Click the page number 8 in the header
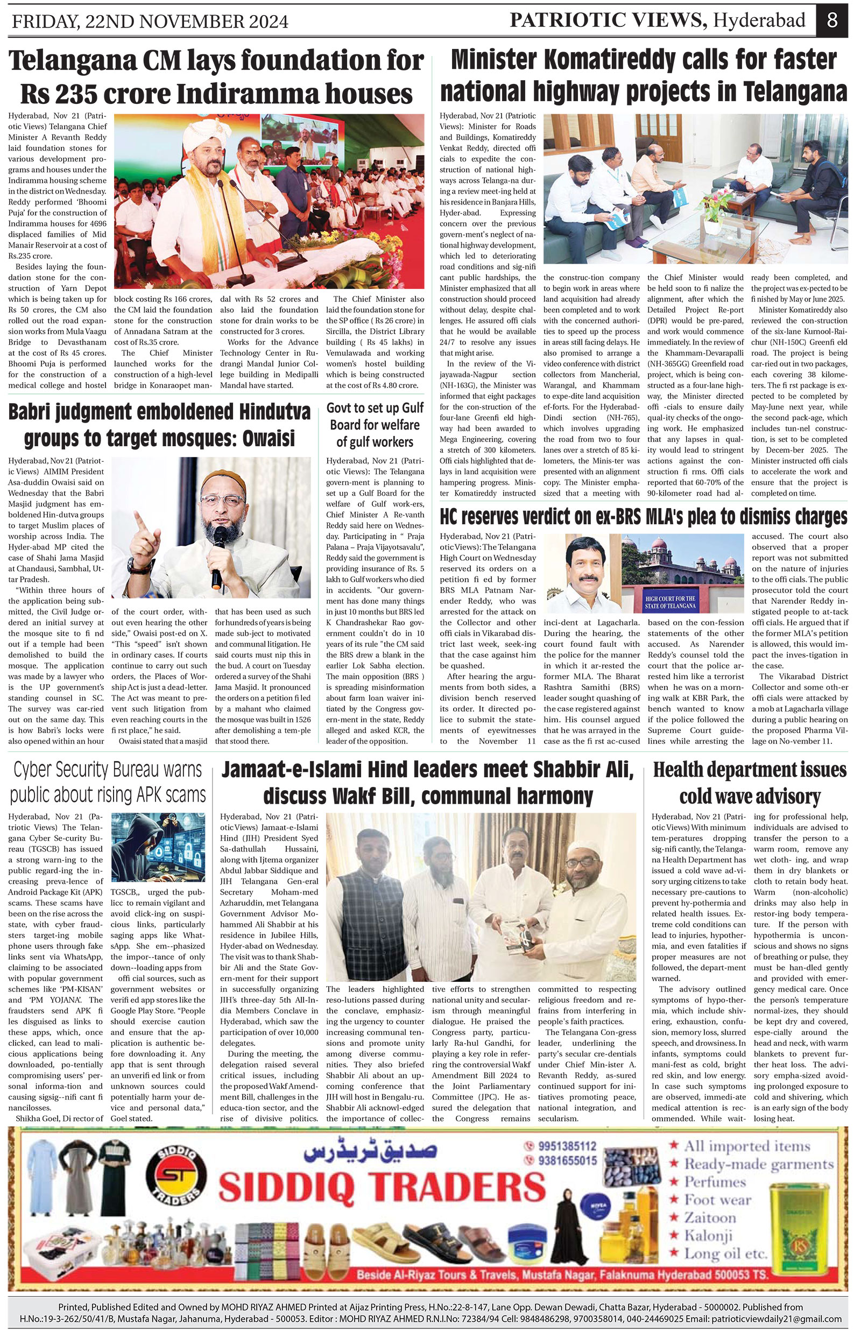click(x=832, y=20)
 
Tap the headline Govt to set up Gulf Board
click(x=375, y=425)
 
